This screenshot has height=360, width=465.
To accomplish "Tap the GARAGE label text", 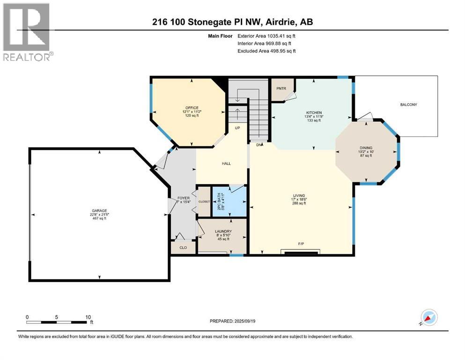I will tap(99, 210).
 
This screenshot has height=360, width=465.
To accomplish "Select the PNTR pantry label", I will tap(281, 88).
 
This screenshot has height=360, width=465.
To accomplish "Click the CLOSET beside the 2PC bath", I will tap(204, 202).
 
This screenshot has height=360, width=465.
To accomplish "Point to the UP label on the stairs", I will tap(237, 127).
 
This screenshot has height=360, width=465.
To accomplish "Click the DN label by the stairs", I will tap(258, 145).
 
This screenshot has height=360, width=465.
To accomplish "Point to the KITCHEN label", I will tap(314, 113).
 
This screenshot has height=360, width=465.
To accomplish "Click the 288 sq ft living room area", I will tap(299, 203).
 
